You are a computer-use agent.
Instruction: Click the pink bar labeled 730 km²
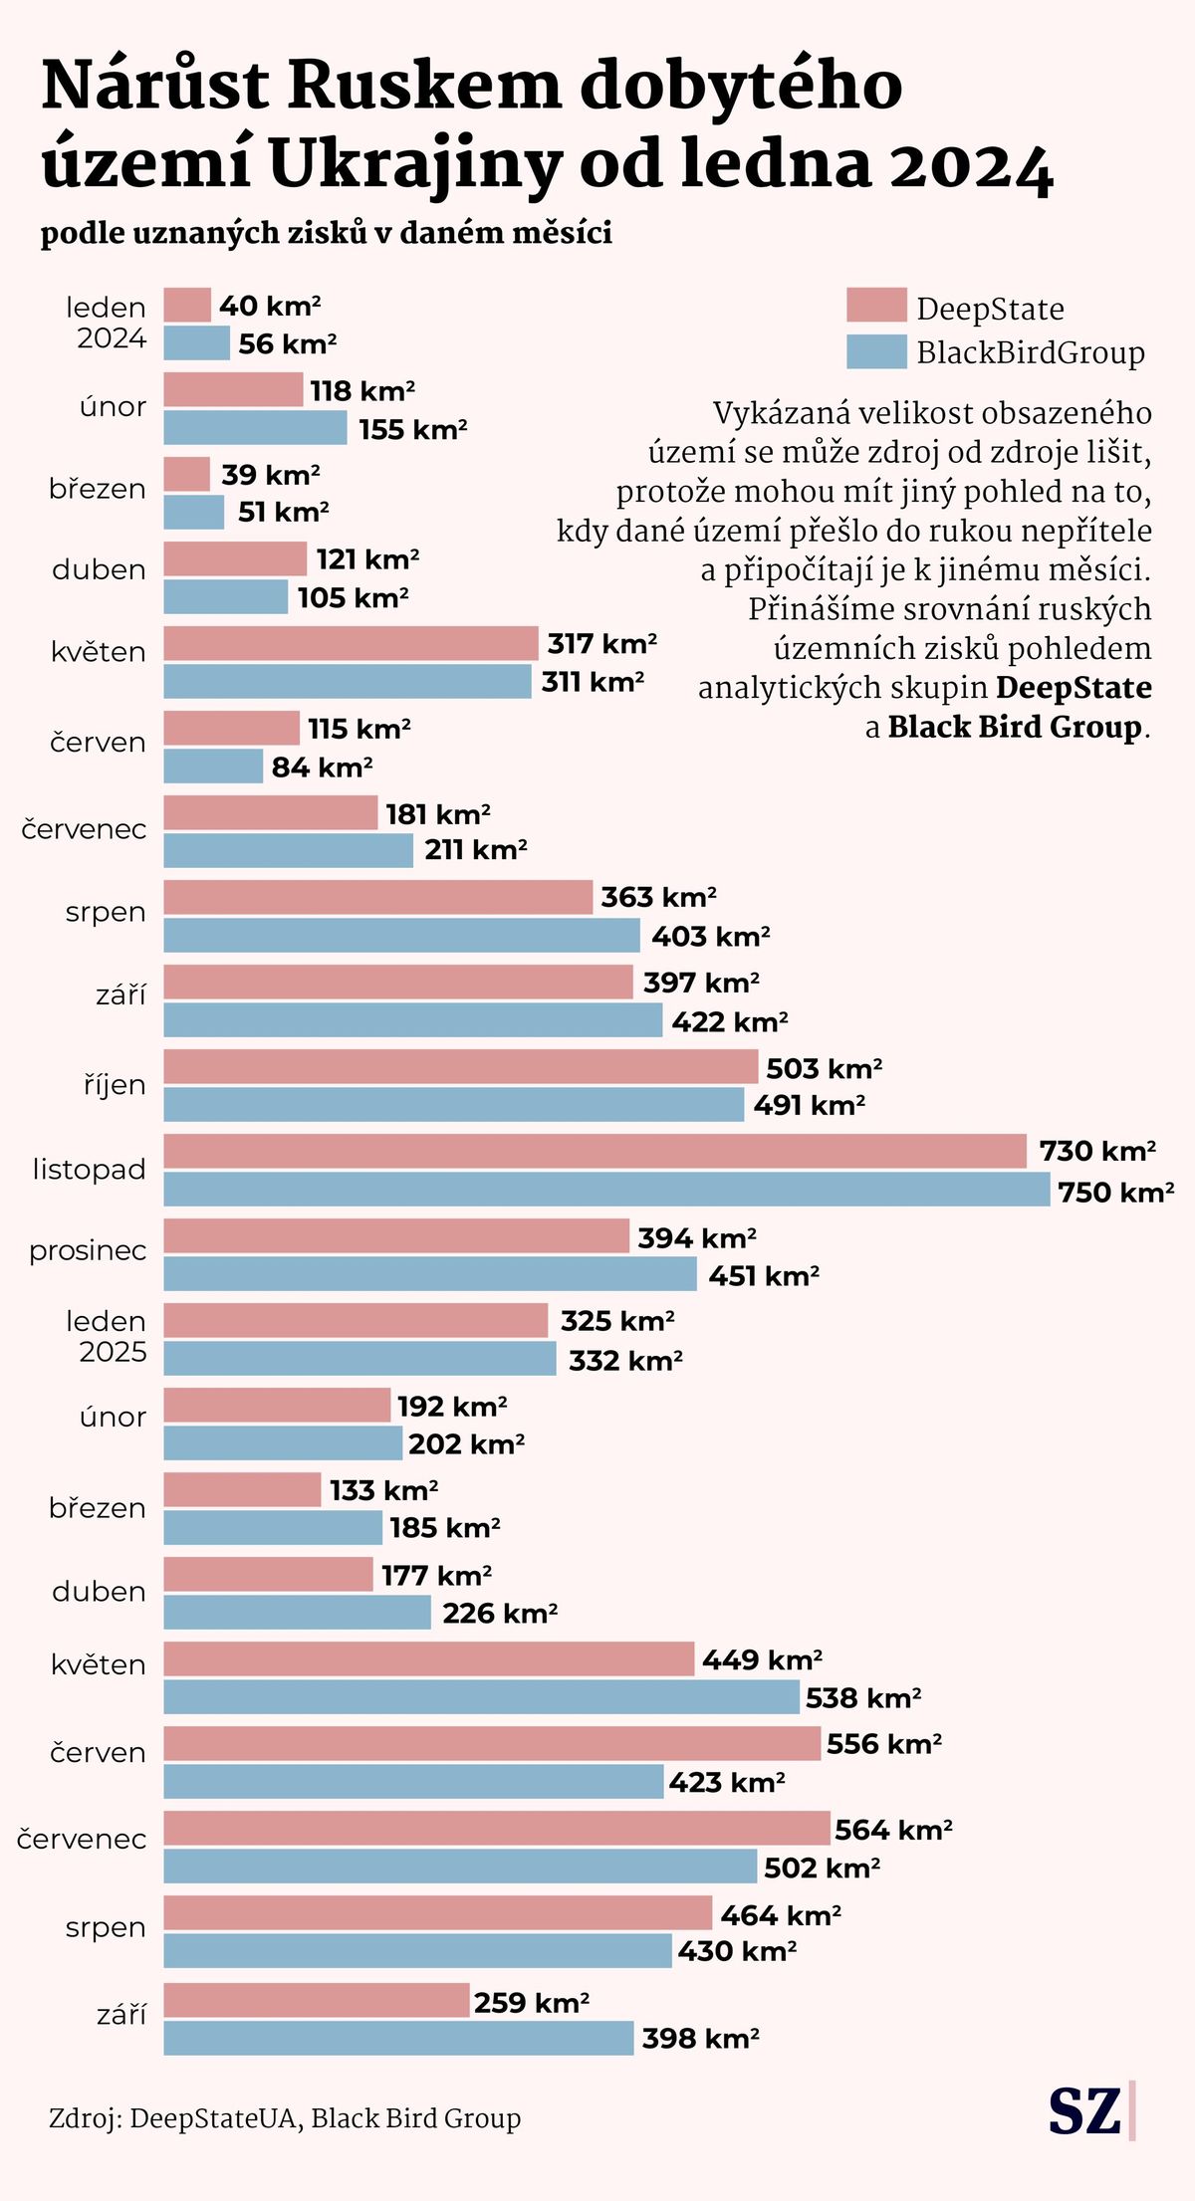pos(595,1151)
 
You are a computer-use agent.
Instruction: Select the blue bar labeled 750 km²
pos(606,1190)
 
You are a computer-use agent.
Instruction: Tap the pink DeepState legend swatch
pos(876,306)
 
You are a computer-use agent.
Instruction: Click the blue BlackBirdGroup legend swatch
pos(876,352)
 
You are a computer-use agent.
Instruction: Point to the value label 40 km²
pos(270,306)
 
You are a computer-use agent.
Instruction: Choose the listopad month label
pos(89,1169)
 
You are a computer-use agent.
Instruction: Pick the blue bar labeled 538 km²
pos(481,1697)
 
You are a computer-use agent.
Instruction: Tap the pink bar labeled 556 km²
pos(492,1743)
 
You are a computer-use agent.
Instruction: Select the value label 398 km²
pos(700,2038)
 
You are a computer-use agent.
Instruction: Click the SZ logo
pos(1085,2109)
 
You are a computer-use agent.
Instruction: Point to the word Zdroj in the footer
pos(85,2118)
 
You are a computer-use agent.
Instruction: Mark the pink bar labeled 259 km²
pos(316,2000)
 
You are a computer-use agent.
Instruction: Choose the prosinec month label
pos(88,1250)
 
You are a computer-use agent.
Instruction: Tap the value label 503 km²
pos(824,1068)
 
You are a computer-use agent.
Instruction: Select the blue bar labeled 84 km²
pos(213,767)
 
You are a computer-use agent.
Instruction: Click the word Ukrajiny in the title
pos(415,165)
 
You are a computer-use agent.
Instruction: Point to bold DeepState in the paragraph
pos(1074,688)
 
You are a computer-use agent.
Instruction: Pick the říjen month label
pos(115,1084)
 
